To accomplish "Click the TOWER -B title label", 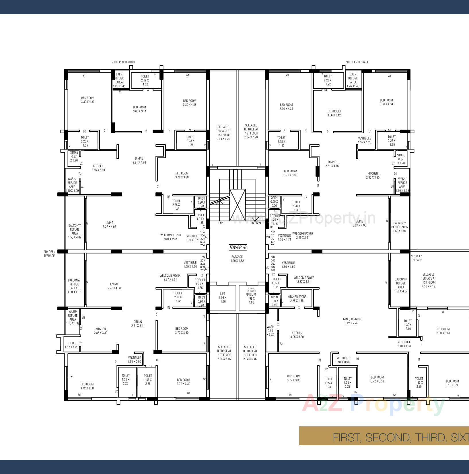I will pos(238,247).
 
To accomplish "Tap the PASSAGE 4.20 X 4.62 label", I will pos(237,259).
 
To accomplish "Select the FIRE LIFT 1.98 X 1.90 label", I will pos(251,298).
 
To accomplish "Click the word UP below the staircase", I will pos(221,223).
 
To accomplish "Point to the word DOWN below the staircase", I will pos(256,223).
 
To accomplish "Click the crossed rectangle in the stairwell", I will pos(238,201).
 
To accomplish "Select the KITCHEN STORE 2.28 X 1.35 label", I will pos(297,299).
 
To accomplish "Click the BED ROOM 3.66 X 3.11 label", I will pos(139,109).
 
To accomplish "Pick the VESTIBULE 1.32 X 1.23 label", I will pos(365,140).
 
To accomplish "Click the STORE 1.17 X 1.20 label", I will pos(71,345).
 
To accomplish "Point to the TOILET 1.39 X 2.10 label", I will pos(408,325).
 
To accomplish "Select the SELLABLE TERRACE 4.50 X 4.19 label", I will pos(428,280).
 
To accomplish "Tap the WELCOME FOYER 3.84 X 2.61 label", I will pos(170,237).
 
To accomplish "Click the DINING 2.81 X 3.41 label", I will pos(138,323).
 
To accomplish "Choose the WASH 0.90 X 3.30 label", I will pos(270,331).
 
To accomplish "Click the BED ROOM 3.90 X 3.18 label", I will pos(443,331).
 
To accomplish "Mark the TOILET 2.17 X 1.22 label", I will pos(145,80).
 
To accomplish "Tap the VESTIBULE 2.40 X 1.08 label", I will pos(404,344).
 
